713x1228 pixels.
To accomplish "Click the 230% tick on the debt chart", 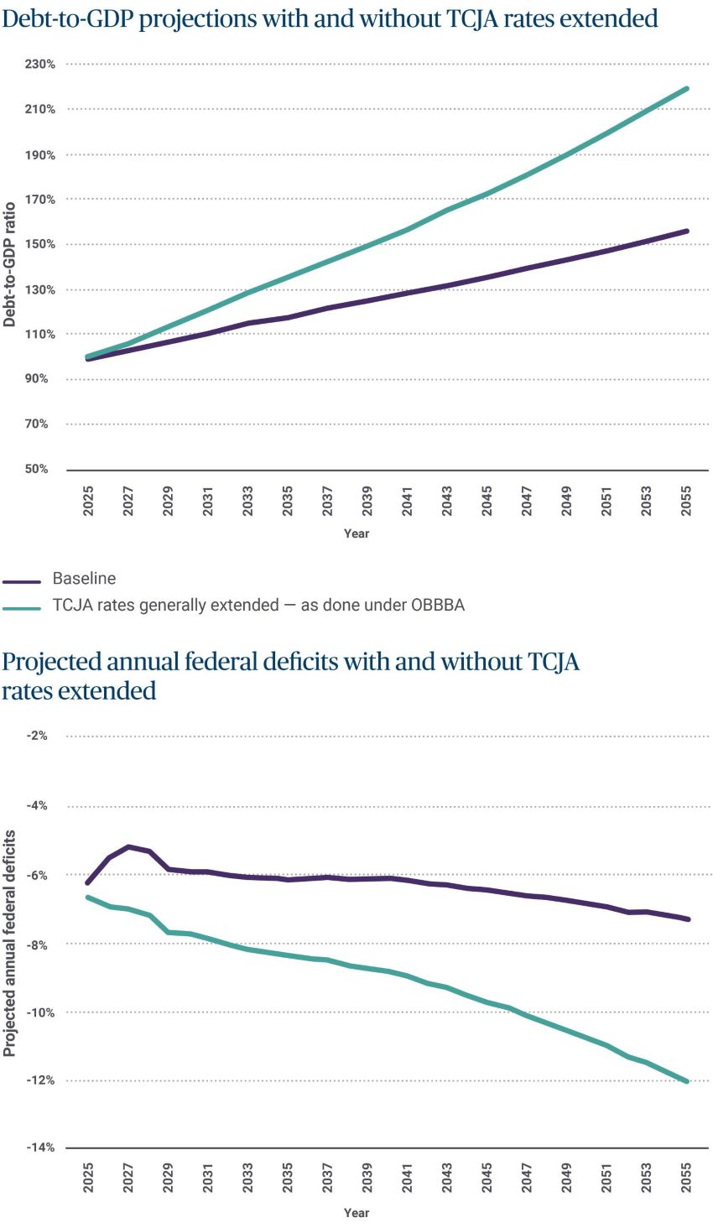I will [40, 64].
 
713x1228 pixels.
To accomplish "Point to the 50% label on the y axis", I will [37, 469].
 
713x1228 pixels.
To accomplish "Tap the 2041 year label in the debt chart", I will [407, 501].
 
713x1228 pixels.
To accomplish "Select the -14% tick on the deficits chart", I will [40, 1147].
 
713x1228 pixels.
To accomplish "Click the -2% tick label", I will [38, 736].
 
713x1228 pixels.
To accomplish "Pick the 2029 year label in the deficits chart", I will [168, 1178].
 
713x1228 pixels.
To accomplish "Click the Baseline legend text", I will [84, 579].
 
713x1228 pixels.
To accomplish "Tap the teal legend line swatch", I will [22, 607].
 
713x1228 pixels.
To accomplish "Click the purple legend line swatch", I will [22, 580].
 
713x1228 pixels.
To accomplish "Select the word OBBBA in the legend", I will [437, 606].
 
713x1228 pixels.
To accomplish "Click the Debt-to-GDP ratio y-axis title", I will [9, 264].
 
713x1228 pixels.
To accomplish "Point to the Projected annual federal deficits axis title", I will [9, 944].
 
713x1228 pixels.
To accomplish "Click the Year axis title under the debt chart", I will [356, 533].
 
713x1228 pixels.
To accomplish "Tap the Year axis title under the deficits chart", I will [356, 1213].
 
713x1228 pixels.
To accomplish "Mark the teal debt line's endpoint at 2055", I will [687, 89].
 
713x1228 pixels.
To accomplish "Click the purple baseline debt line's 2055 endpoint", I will [687, 231].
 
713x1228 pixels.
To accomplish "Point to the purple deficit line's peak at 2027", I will [128, 846].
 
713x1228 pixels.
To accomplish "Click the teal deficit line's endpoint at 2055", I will [687, 1081].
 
